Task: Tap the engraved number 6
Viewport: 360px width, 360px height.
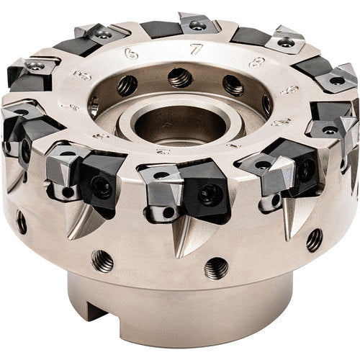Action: pos(130,54)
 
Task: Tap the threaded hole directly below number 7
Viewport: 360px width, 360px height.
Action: pos(178,75)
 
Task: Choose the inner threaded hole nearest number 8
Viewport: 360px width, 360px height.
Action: pos(233,85)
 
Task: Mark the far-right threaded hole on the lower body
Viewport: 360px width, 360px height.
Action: pos(314,240)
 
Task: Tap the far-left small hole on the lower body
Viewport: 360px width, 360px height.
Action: pos(21,222)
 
